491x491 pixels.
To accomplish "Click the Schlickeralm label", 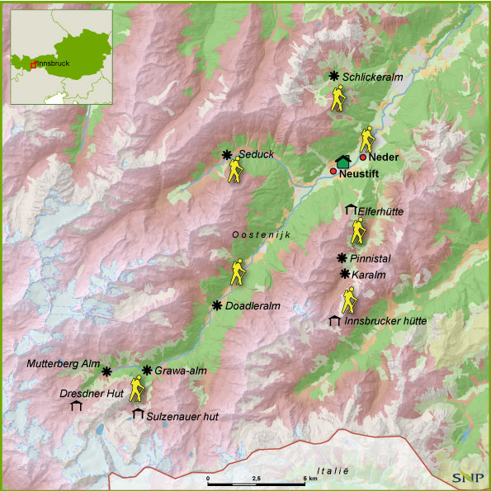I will (x=373, y=78).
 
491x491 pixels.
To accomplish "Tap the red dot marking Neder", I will (x=363, y=157).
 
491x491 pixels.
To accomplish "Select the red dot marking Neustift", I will (x=333, y=171).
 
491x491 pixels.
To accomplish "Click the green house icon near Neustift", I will (x=343, y=162).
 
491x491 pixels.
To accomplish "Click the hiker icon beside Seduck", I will (x=236, y=170).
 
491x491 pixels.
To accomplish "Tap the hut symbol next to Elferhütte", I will (x=350, y=210).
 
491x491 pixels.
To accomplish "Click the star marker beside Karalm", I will (x=344, y=274).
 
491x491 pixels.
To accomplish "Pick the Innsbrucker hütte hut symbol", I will (x=334, y=320).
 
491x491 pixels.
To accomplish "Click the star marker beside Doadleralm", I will (x=217, y=305).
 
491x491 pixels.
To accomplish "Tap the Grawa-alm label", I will (x=180, y=371).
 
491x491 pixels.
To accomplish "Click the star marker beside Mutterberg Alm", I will (x=106, y=372).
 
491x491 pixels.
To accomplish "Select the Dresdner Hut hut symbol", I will (x=77, y=406).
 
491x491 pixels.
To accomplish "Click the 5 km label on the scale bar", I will (x=310, y=478).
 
